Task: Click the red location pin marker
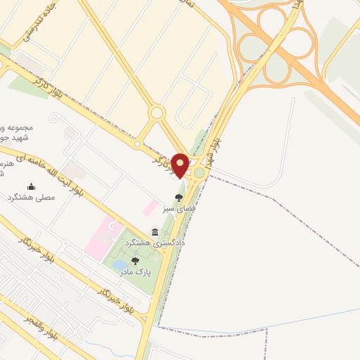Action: [181, 165]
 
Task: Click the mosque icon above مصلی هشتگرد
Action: [31, 186]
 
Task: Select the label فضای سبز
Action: [179, 209]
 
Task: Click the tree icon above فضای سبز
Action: [179, 198]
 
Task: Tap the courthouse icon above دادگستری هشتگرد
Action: [155, 232]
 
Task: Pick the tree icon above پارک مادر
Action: [135, 261]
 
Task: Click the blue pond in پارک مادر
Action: [120, 266]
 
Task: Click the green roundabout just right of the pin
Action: [200, 172]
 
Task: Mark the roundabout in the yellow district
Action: [156, 112]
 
